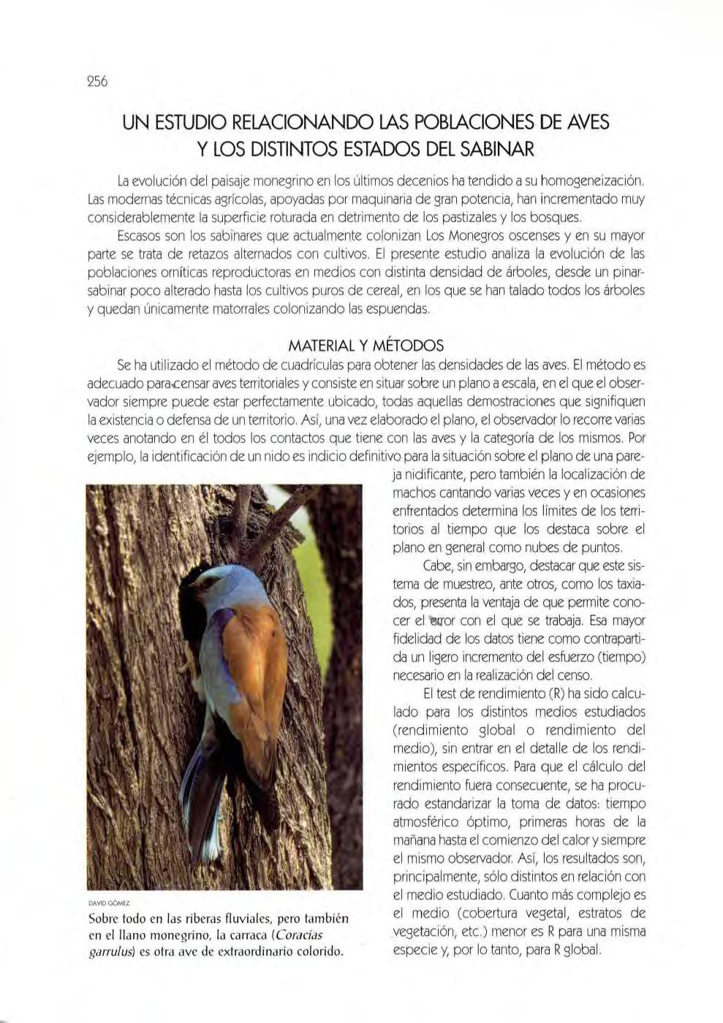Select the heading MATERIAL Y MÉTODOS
[x=366, y=345]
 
